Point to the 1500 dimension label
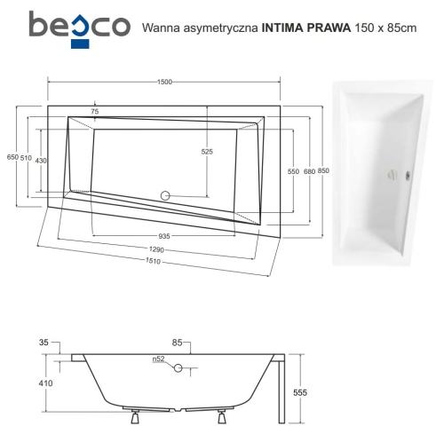[165, 83]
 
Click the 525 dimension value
[207, 152]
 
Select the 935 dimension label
[165, 237]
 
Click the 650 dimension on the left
[12, 157]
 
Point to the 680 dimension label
[308, 170]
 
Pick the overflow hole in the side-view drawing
[178, 367]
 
